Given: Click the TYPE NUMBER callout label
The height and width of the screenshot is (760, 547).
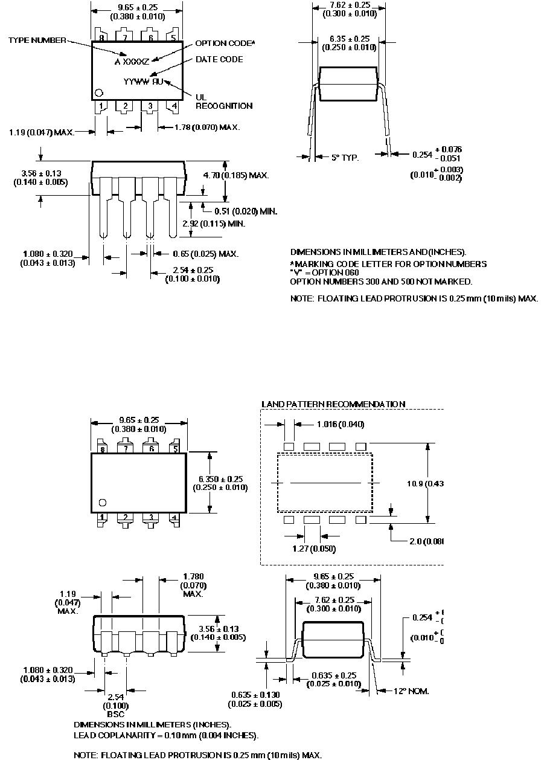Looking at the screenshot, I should pyautogui.click(x=37, y=40).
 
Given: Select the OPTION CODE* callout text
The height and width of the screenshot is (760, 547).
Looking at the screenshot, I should pyautogui.click(x=225, y=43).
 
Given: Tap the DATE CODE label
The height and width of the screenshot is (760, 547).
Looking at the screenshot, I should pyautogui.click(x=219, y=59).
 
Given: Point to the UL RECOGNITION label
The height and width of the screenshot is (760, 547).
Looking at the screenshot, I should pyautogui.click(x=224, y=101).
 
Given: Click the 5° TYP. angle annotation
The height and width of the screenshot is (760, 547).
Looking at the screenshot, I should pyautogui.click(x=345, y=158).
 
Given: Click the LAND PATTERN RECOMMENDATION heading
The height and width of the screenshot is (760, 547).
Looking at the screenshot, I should pyautogui.click(x=333, y=404).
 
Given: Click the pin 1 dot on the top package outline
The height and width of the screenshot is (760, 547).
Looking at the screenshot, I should pyautogui.click(x=99, y=93).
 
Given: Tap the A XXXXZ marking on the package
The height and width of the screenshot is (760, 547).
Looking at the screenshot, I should pyautogui.click(x=132, y=61).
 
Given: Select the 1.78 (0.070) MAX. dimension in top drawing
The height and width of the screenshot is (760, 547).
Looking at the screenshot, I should pyautogui.click(x=207, y=127).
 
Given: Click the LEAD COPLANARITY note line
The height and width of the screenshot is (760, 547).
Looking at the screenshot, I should pyautogui.click(x=166, y=735).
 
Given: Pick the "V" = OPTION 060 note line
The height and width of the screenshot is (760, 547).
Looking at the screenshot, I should pyautogui.click(x=324, y=272).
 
